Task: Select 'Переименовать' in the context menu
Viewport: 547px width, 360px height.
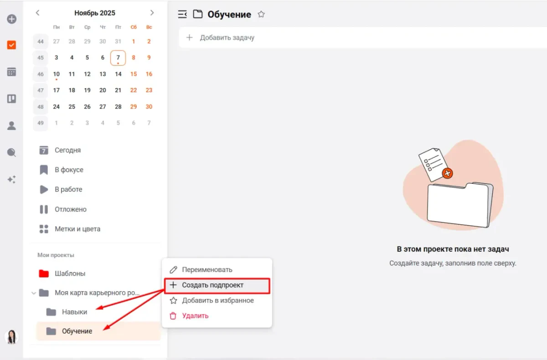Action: (207, 269)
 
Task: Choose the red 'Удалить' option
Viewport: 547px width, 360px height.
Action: (195, 316)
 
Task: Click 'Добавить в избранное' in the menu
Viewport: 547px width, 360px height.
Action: (217, 300)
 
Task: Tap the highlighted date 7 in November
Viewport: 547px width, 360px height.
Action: (118, 58)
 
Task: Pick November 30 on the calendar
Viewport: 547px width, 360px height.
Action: (149, 107)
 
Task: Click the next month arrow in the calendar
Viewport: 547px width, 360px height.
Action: (152, 13)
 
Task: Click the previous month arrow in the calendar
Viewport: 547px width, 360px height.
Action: (37, 13)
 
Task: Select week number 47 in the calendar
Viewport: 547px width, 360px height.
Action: (41, 90)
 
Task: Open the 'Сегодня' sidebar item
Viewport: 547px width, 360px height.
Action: (67, 150)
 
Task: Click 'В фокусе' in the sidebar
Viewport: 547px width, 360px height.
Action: (69, 170)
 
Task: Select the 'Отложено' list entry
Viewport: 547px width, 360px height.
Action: (71, 209)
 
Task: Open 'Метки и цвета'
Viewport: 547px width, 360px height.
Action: (77, 229)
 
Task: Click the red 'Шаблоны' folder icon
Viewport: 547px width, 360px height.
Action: (44, 273)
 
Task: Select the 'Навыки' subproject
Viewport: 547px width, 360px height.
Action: (74, 312)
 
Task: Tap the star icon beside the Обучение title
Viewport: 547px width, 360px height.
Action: (261, 15)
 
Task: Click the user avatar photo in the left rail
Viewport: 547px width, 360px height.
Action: (11, 337)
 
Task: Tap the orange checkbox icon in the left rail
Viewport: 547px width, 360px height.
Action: (11, 45)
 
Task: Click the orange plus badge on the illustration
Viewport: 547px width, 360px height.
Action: (447, 173)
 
